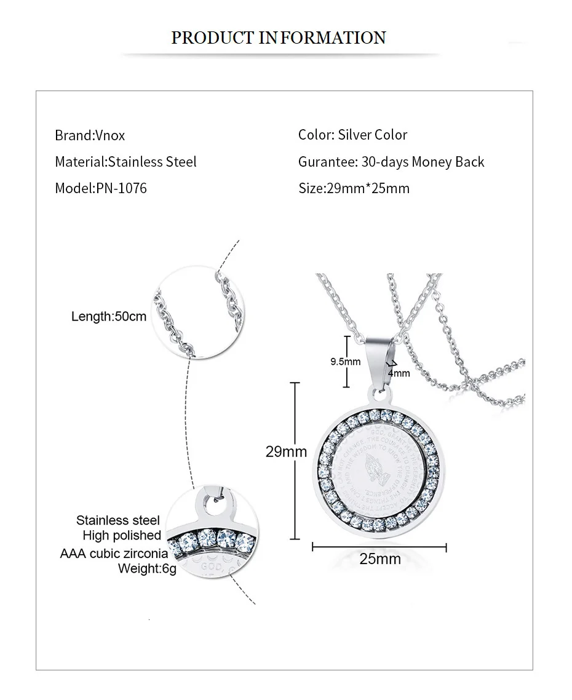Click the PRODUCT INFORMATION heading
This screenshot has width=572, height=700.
coord(279,38)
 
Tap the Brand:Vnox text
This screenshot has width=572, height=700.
coord(90,135)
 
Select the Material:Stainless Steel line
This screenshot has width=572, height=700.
coord(125,162)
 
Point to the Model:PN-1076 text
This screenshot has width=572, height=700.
coord(101,188)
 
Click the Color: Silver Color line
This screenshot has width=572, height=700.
coord(352,135)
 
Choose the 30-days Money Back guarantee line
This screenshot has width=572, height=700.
coord(391,162)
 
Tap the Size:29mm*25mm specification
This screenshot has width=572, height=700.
coord(354,188)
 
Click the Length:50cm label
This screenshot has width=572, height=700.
coord(109,317)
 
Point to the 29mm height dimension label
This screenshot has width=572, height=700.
coord(286,452)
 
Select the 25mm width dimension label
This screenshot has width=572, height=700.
coord(379,559)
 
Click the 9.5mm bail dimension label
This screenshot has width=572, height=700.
coord(346,362)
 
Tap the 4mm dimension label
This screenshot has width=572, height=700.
coord(399,373)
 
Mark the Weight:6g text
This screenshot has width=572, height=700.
coord(147,568)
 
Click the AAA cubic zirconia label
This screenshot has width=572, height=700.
coord(114,553)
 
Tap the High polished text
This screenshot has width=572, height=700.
coord(122,536)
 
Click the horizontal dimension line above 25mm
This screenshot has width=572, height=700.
coord(379,546)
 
